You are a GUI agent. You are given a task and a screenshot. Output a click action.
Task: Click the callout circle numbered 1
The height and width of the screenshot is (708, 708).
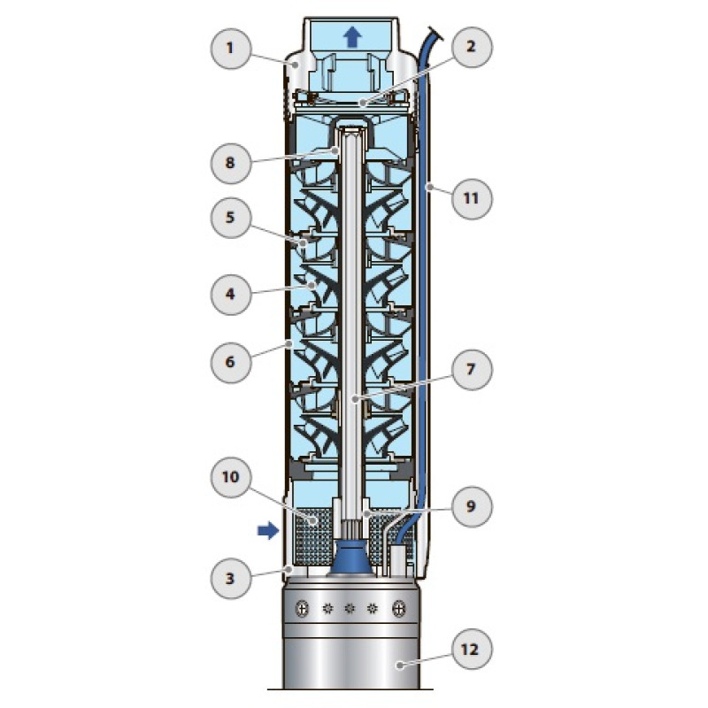coord(231,49)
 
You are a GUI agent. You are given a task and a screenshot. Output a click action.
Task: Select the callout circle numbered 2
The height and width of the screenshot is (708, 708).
coord(472,48)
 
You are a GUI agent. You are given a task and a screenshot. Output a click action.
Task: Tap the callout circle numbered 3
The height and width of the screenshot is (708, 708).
coord(231,579)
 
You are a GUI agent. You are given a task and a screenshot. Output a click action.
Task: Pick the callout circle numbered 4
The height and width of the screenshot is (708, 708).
coord(231,295)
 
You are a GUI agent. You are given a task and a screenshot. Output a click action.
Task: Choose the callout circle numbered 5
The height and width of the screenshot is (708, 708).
coord(231,218)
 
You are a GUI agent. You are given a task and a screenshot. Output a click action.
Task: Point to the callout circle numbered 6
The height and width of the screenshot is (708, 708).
coord(231,362)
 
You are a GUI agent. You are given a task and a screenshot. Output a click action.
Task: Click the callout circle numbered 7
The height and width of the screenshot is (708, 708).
coord(472,370)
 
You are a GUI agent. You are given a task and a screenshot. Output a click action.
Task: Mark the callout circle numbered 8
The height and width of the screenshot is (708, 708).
coord(231,163)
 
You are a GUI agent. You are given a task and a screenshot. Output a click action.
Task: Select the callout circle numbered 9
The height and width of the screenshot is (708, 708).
coord(472,506)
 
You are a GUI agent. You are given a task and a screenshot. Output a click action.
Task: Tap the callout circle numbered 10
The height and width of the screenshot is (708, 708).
coord(231,478)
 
